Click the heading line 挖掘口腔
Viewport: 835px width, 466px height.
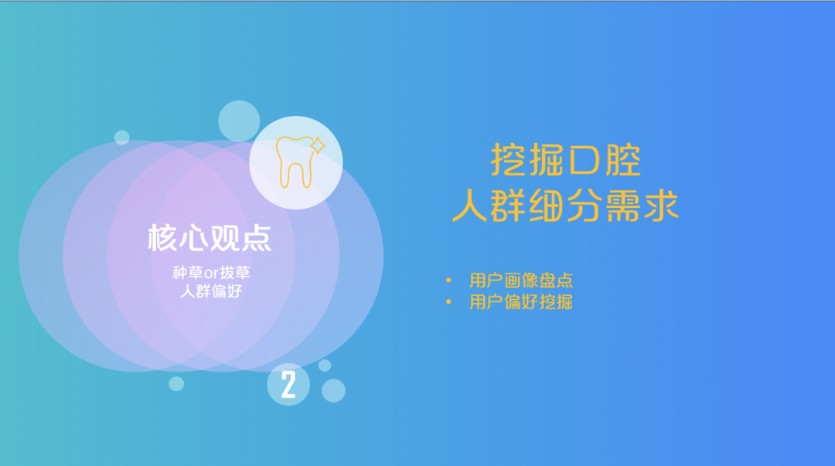[x=565, y=159]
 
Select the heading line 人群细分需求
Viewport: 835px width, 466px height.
[x=565, y=206]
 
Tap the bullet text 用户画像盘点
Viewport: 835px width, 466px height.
[x=521, y=280]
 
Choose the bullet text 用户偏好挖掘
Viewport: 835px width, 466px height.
[x=521, y=302]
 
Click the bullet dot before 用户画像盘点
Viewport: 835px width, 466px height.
[x=448, y=280]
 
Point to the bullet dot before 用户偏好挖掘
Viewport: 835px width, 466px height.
[x=448, y=302]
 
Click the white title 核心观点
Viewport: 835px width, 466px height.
[x=210, y=237]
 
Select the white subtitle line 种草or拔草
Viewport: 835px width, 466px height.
[x=211, y=273]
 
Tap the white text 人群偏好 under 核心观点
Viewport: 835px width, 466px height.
[x=211, y=291]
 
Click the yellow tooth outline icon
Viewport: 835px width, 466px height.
[x=294, y=162]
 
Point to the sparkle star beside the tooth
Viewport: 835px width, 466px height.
[x=318, y=145]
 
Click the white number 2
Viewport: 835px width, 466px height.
[x=288, y=385]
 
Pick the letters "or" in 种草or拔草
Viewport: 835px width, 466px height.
[x=211, y=274]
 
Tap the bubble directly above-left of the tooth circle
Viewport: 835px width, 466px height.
[x=239, y=121]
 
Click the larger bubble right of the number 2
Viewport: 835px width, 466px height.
[x=333, y=390]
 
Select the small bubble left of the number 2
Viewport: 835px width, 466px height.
[x=176, y=383]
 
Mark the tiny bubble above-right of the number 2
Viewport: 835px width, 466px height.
[x=325, y=366]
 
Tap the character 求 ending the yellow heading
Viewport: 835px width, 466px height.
[x=661, y=206]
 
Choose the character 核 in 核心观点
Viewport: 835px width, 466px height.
[x=162, y=237]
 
